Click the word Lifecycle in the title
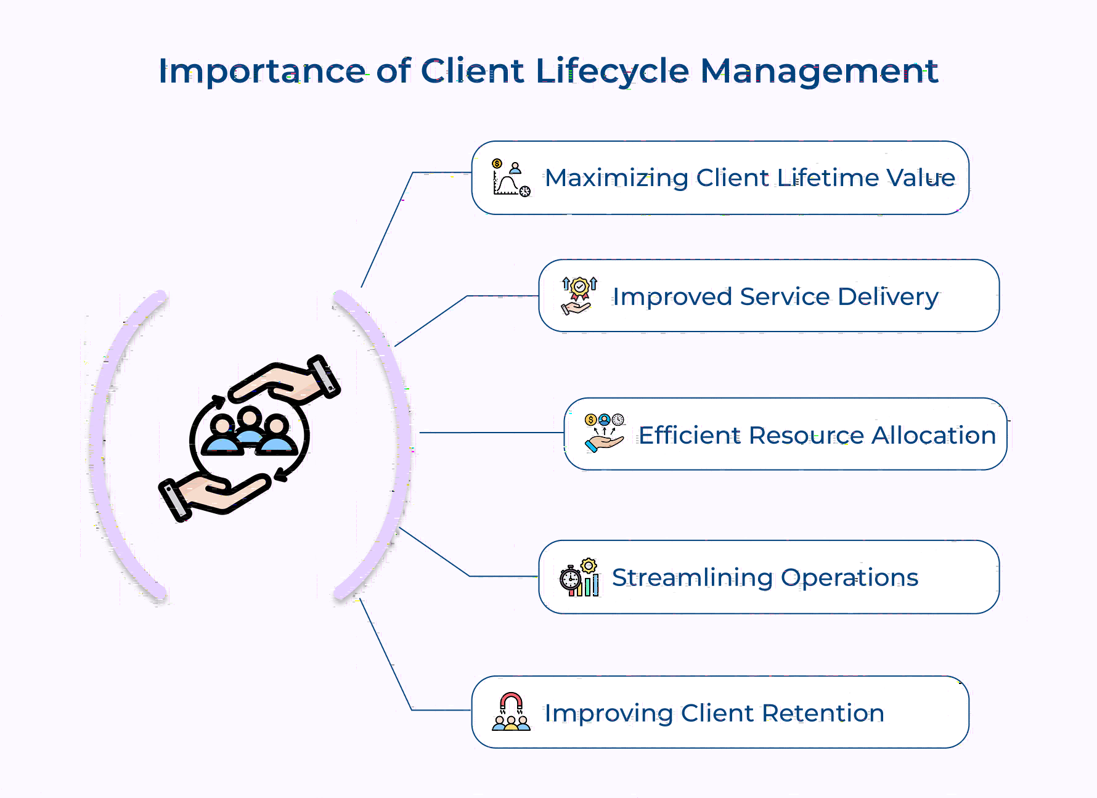611,71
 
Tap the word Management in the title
819,71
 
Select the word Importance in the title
262,71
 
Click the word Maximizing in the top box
616,178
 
